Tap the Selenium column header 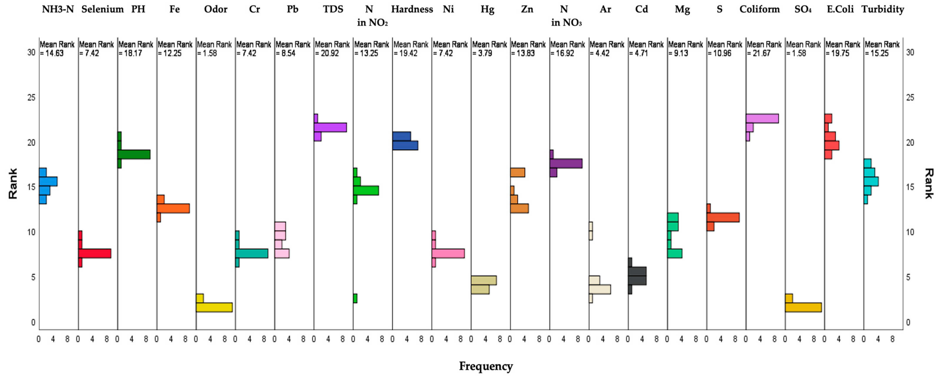point(103,9)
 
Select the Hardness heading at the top point(412,9)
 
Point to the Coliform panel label point(759,9)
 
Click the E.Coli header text point(840,9)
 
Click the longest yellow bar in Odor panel point(214,307)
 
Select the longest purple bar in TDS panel point(330,127)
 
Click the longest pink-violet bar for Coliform point(762,118)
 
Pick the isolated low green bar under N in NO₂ point(355,298)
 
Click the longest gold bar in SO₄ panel point(803,307)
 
